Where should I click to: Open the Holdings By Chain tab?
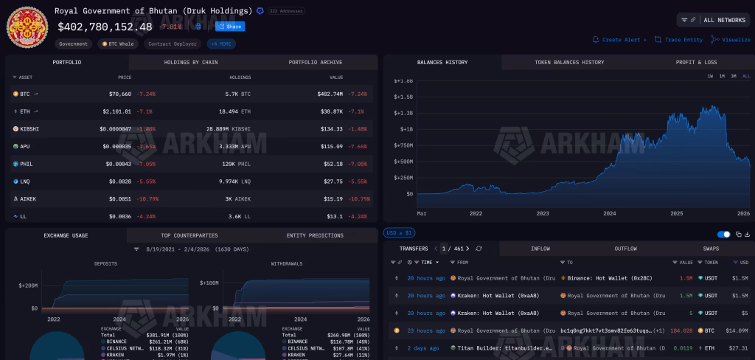[191, 63]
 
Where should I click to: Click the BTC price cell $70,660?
[117, 94]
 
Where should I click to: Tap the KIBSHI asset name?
[29, 128]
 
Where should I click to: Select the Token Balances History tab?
[568, 63]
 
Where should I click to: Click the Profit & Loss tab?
[696, 63]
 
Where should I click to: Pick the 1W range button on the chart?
[710, 77]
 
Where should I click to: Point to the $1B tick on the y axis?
[404, 128]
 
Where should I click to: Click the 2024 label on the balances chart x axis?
[609, 213]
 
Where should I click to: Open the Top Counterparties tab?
[189, 236]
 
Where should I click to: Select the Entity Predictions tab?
[315, 236]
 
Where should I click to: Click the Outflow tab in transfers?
[625, 249]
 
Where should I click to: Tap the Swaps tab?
[711, 249]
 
